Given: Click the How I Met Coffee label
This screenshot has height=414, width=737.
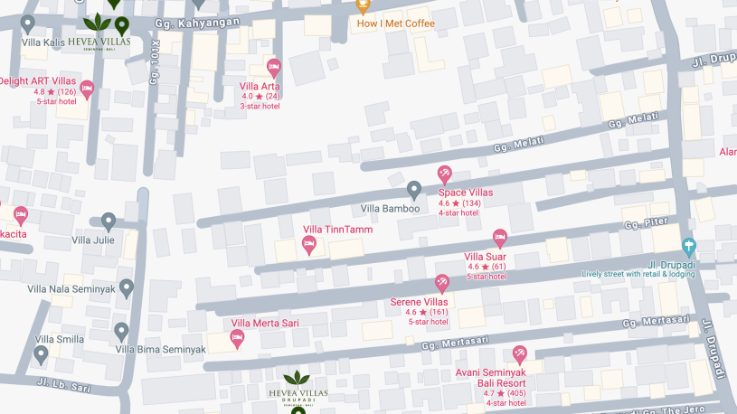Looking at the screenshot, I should [x=395, y=24].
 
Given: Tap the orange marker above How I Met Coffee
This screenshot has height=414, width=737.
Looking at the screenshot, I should [x=362, y=5].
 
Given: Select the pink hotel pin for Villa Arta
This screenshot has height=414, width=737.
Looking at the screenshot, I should [x=274, y=67].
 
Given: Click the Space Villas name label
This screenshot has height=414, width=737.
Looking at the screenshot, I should [x=466, y=193].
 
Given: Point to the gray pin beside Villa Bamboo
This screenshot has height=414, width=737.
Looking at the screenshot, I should [x=414, y=190].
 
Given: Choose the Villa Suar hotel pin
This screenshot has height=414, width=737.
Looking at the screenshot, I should [x=499, y=239].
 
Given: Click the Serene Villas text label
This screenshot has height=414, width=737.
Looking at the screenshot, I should [x=419, y=302].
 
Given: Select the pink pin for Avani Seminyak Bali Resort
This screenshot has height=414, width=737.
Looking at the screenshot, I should [x=519, y=354].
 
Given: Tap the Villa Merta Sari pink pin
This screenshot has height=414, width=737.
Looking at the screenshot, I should [x=238, y=339].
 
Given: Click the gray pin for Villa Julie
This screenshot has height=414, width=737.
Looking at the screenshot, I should [x=109, y=221].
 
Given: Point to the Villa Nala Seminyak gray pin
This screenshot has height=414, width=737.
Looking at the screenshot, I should [x=127, y=288].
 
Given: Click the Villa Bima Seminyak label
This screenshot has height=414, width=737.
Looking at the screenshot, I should [x=161, y=350].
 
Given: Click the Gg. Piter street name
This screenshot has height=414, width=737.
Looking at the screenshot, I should [x=645, y=222].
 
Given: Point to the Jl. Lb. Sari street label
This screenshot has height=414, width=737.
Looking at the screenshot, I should [x=64, y=385].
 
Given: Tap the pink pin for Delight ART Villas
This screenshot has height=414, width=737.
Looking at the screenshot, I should [x=87, y=89].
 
